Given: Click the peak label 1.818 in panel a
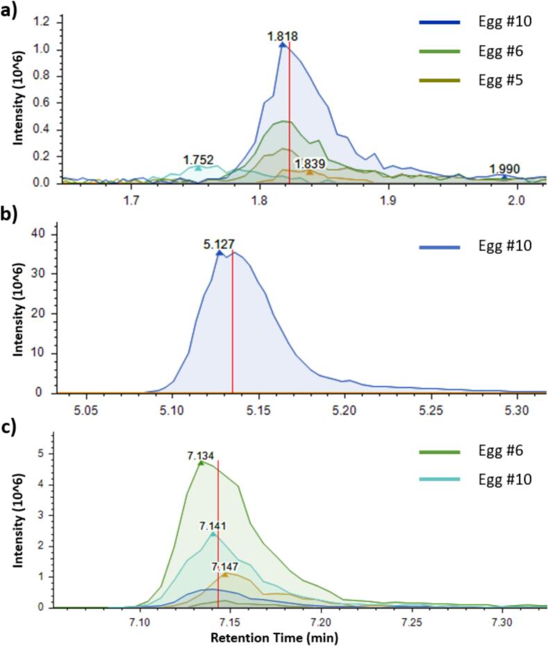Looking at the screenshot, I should [x=283, y=35].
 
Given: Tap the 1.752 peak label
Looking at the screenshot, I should [x=198, y=159].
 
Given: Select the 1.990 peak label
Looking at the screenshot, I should [x=504, y=169].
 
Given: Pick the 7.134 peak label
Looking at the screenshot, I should [x=201, y=455].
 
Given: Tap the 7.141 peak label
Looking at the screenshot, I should [x=214, y=526].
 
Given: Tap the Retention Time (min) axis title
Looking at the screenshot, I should [x=285, y=636].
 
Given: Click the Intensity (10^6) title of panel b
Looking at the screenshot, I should [x=19, y=306].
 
